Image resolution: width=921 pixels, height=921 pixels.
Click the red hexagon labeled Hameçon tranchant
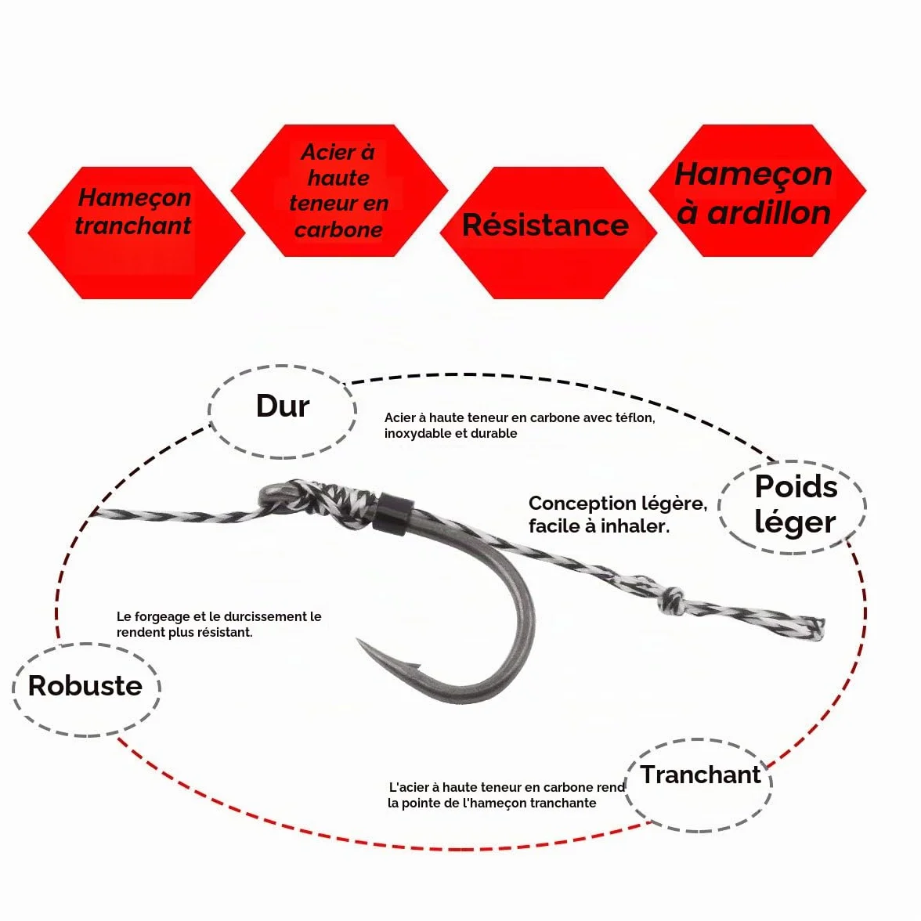coord(136,233)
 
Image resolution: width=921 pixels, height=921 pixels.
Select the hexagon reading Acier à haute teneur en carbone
coord(340,190)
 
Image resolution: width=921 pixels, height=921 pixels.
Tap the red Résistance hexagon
coord(548,233)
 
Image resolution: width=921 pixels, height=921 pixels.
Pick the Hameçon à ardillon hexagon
coord(757,190)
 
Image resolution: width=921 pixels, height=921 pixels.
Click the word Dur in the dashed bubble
coord(283,406)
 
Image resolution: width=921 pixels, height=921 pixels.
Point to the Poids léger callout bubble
coord(792,506)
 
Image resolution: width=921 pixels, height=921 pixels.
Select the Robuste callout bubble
coord(86,689)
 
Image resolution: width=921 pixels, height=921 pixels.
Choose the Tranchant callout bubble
coord(699,786)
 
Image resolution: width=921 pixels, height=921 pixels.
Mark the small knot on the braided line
coord(670,600)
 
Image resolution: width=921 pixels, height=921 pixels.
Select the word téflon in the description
coord(634,417)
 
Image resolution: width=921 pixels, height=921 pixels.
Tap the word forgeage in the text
coord(170,617)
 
